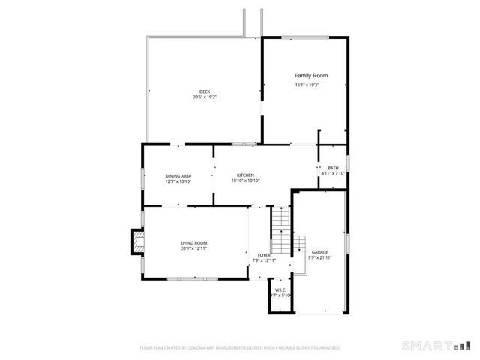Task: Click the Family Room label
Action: click(x=310, y=76)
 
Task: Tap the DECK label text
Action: click(x=205, y=91)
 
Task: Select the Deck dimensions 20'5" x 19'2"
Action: click(x=205, y=97)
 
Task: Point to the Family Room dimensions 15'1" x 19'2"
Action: click(x=307, y=85)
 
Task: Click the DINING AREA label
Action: click(x=178, y=176)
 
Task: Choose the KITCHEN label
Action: click(x=245, y=175)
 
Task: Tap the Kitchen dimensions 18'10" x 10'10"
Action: click(x=245, y=181)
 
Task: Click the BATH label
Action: click(x=332, y=168)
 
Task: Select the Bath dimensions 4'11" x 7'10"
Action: click(x=332, y=174)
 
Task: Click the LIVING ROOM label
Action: click(x=193, y=243)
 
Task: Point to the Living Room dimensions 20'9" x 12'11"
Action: click(x=193, y=248)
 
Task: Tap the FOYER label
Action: click(x=264, y=255)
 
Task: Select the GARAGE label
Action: click(x=320, y=252)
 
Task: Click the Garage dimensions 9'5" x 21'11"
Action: click(x=320, y=257)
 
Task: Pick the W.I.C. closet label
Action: click(x=280, y=289)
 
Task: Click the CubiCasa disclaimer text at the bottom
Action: click(x=240, y=348)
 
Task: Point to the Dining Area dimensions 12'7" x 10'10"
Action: click(x=178, y=181)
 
